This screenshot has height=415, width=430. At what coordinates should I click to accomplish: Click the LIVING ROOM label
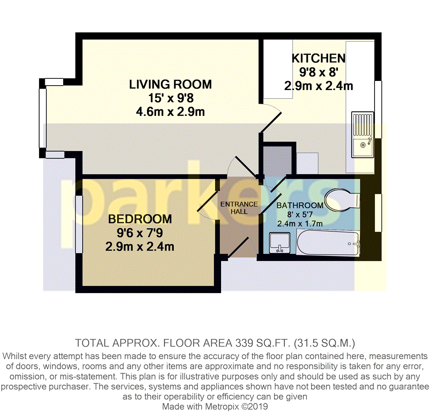tap(170, 84)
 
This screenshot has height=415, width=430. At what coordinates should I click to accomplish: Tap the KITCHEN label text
tap(318, 58)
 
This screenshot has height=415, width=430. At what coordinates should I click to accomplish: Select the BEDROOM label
tap(140, 219)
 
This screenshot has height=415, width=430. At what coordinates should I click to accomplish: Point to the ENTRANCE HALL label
tap(239, 208)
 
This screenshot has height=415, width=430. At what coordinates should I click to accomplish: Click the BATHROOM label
tap(300, 205)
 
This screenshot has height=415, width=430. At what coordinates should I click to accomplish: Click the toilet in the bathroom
tap(342, 200)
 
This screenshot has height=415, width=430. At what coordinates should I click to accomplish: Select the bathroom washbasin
tap(280, 243)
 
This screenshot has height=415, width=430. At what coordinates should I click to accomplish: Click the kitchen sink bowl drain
tap(362, 145)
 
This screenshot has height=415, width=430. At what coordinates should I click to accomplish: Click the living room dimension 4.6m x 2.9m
tap(170, 111)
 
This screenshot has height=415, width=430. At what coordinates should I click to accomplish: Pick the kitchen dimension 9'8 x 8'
tap(318, 72)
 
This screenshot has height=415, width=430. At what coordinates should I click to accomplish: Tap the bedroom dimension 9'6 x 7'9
tap(140, 233)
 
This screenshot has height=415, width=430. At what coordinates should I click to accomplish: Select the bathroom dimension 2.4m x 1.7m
tap(300, 224)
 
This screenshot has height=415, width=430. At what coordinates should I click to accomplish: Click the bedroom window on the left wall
tap(79, 224)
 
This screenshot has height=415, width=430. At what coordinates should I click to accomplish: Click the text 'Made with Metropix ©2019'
tap(215, 406)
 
